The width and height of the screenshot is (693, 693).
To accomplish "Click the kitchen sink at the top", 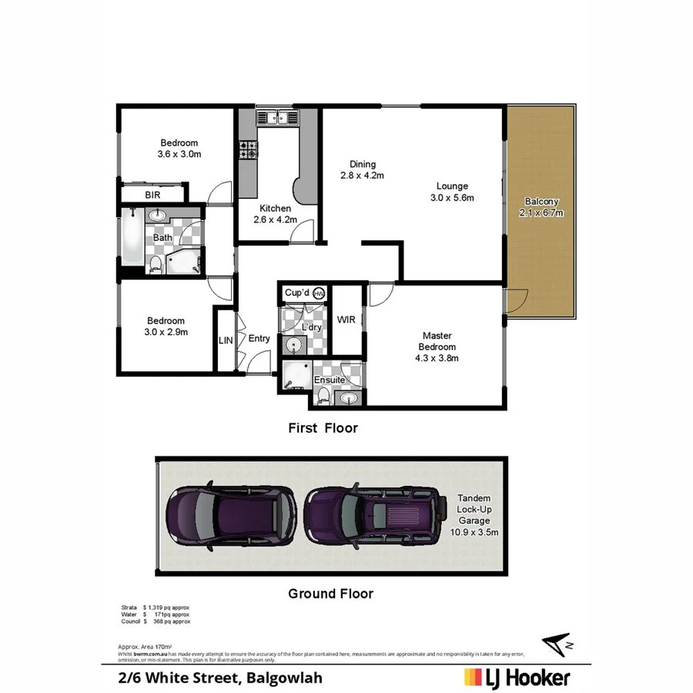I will pyautogui.click(x=277, y=118).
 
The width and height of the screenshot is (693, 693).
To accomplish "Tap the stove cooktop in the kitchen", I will pyautogui.click(x=247, y=149).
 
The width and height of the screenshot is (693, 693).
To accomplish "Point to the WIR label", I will pyautogui.click(x=346, y=320).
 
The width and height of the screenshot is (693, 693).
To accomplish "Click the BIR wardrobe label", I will pyautogui.click(x=152, y=196).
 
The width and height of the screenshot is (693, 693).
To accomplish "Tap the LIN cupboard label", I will pyautogui.click(x=225, y=340).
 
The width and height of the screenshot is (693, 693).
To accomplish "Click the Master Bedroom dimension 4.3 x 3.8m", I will pyautogui.click(x=437, y=357).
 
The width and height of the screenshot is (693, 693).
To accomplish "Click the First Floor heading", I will pyautogui.click(x=323, y=427).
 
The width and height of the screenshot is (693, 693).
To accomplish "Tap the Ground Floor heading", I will pyautogui.click(x=330, y=594).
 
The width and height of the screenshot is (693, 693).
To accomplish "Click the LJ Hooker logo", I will pyautogui.click(x=517, y=678).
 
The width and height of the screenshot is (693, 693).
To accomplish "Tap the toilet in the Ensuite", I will pyautogui.click(x=323, y=397).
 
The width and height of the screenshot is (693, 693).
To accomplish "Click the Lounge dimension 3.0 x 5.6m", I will pyautogui.click(x=452, y=198).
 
